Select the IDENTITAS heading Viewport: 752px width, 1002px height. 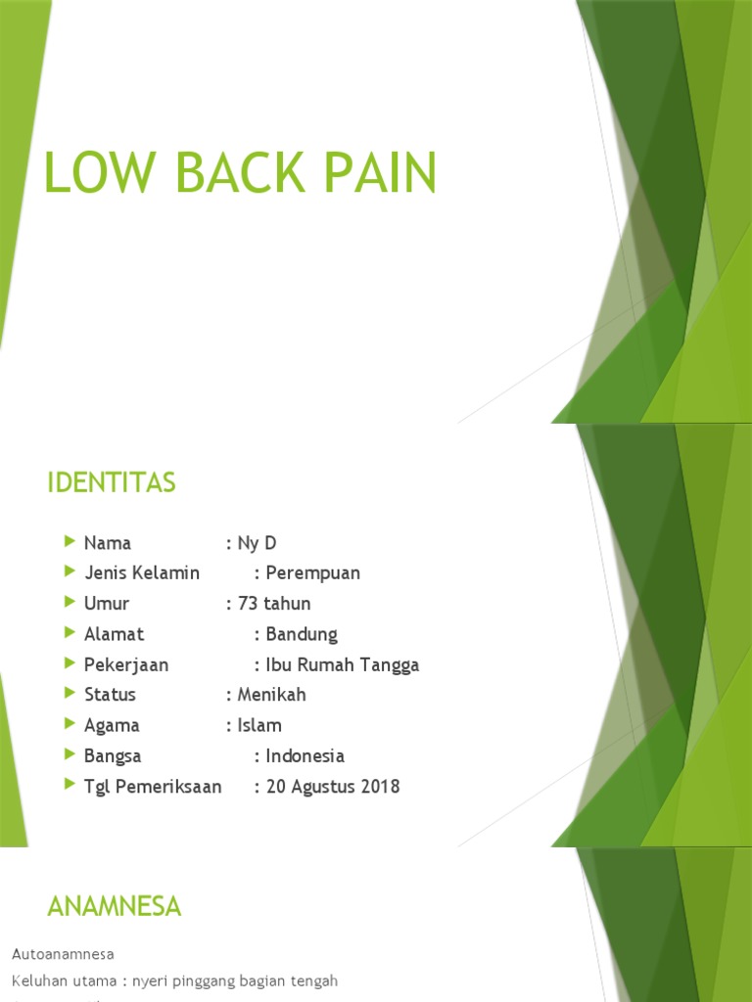111,482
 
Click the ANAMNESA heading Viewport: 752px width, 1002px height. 115,907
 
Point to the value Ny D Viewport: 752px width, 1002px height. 258,543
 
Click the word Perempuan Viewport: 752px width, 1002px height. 313,573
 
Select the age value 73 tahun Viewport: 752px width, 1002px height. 274,604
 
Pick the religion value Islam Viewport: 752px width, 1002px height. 259,725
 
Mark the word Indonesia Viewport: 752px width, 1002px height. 305,755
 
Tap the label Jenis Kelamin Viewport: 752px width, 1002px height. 142,573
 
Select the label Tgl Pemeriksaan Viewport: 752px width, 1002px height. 153,786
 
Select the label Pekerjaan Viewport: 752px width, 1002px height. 126,664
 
